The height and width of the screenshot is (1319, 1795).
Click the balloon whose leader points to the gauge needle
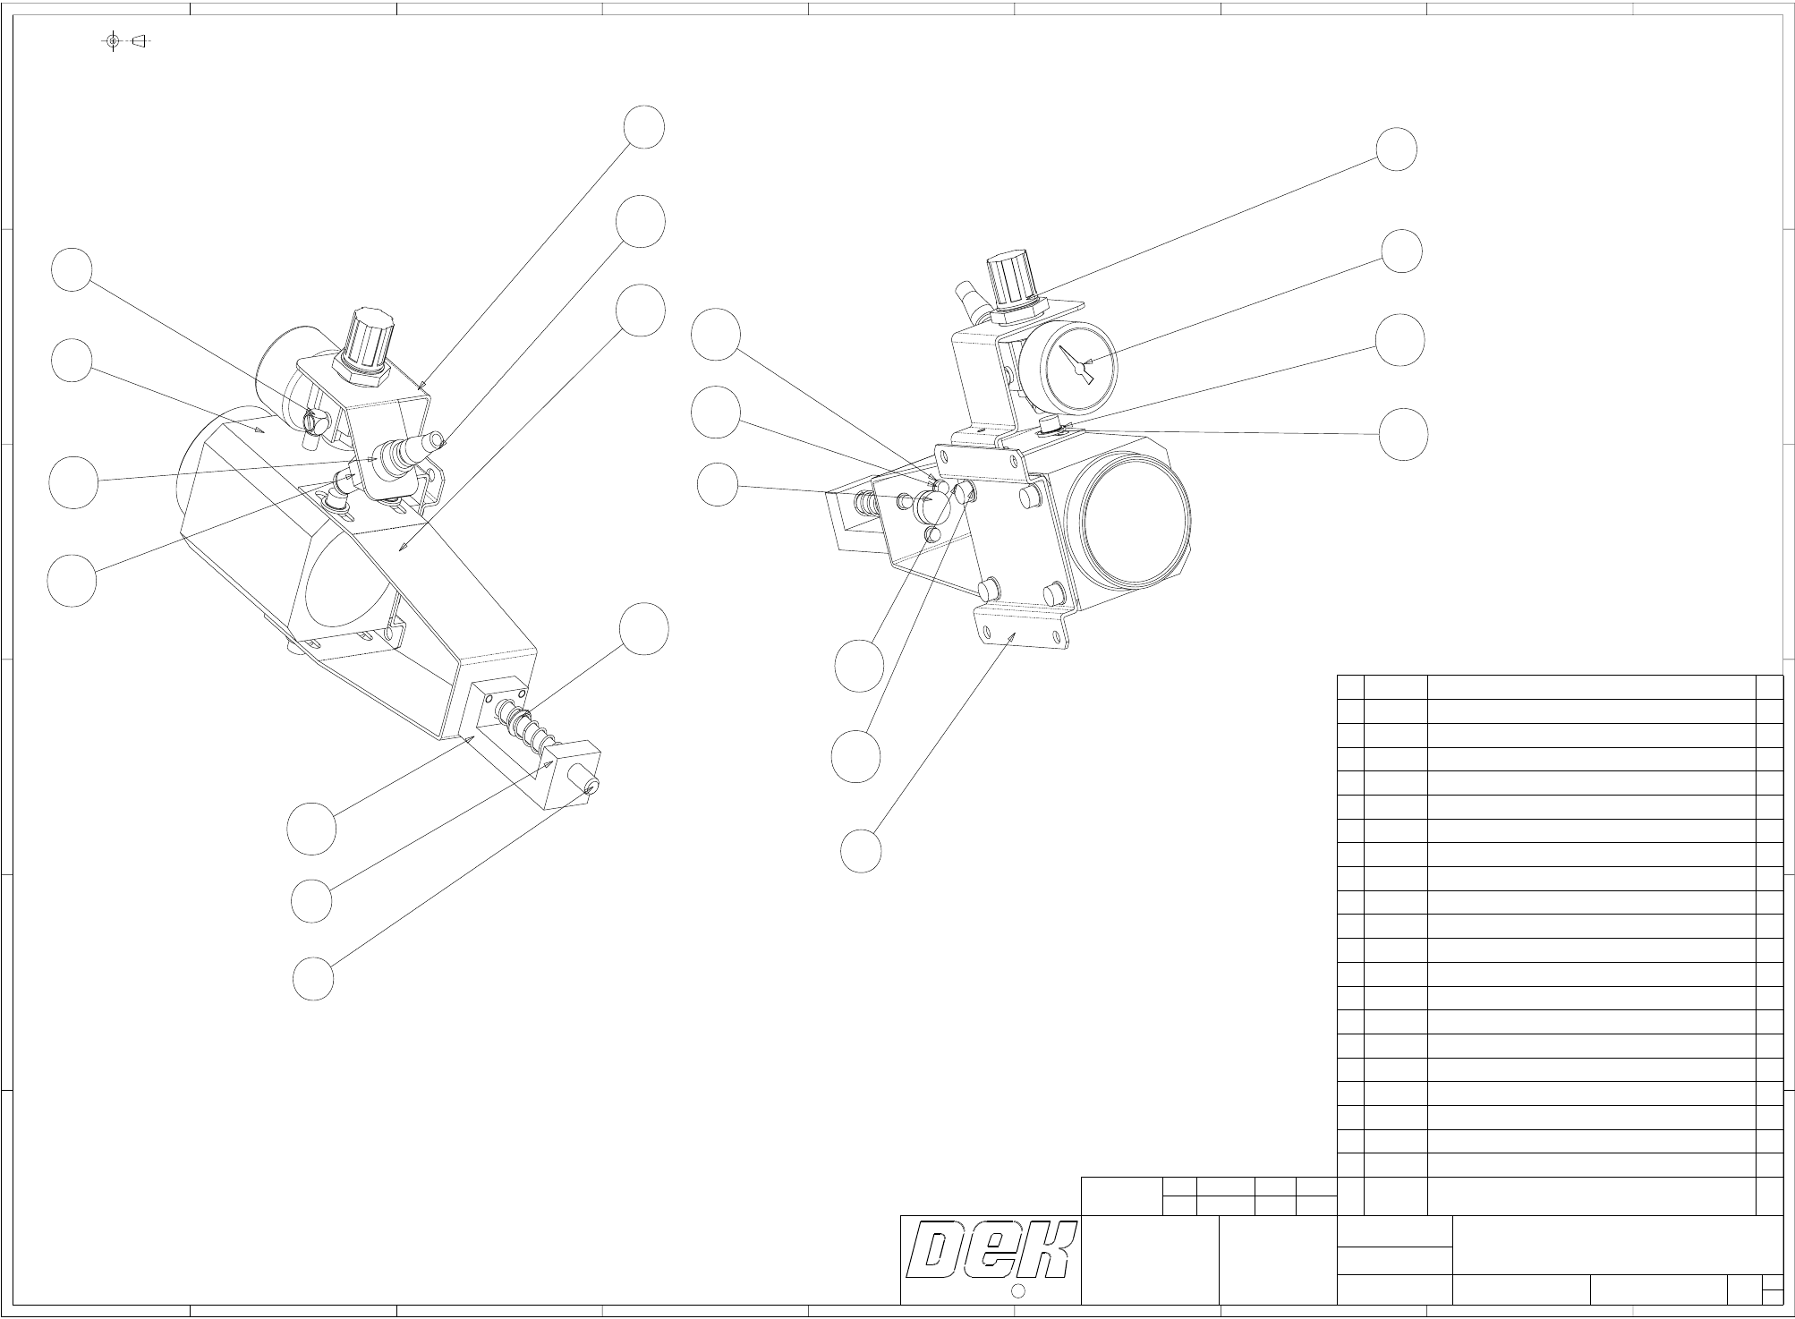click(x=1401, y=251)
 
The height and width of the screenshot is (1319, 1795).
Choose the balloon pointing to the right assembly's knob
click(x=1396, y=149)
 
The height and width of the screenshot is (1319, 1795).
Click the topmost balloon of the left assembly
click(x=644, y=127)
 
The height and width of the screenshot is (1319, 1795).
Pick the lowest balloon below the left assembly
click(x=313, y=979)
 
